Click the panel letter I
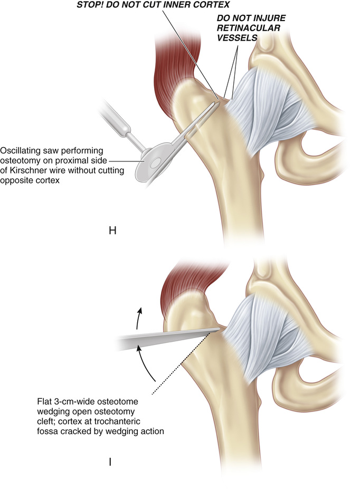click(109, 462)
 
